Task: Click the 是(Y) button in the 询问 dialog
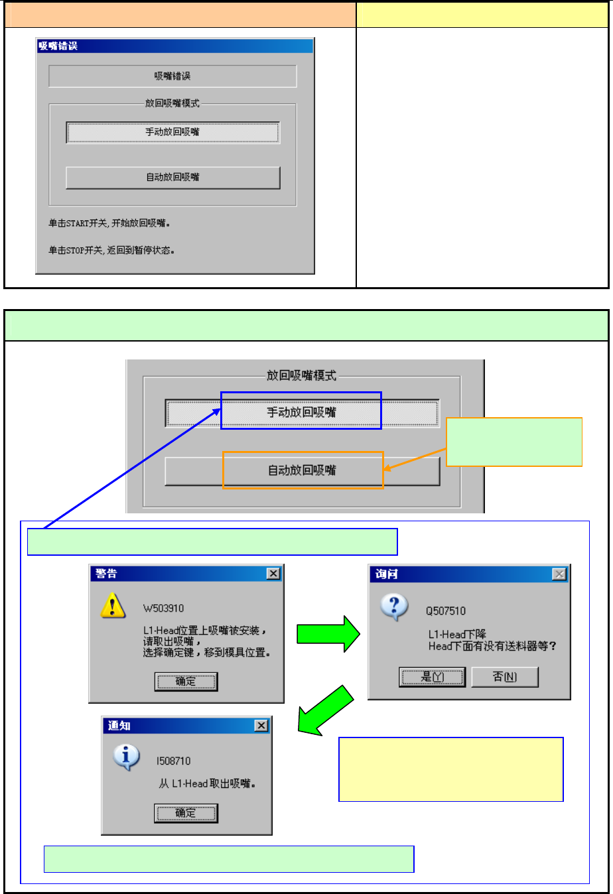tap(432, 677)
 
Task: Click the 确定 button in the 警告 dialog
tap(186, 682)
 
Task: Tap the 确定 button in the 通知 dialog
tap(186, 813)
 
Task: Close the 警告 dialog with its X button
tap(273, 574)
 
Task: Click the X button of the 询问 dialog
tap(559, 574)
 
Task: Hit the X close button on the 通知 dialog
tap(261, 726)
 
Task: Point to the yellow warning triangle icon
tap(113, 606)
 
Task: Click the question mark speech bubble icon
tap(394, 607)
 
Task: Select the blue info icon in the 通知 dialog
tap(126, 757)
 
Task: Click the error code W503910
tap(163, 608)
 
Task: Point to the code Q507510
tap(446, 611)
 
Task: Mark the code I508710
tap(173, 761)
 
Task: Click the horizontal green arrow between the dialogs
tap(328, 634)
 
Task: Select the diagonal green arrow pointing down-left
tap(326, 710)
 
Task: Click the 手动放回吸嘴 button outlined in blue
tap(301, 413)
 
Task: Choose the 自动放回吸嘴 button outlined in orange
tap(302, 471)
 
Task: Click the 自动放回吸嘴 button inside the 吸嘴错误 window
tap(172, 178)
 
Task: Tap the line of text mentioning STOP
tap(111, 251)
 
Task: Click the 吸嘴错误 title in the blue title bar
tap(58, 46)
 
